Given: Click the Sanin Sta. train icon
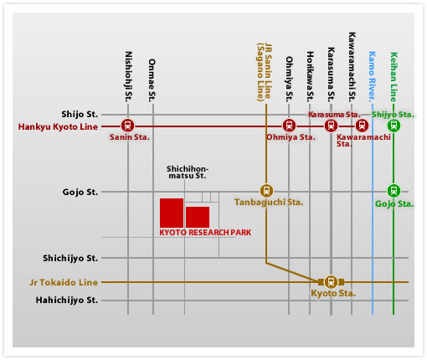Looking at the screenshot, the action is (127, 126).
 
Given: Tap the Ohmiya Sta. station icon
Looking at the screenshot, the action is (289, 126).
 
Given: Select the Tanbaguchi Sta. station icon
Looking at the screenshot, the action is (266, 191).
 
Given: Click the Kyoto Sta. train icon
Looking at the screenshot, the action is (331, 282).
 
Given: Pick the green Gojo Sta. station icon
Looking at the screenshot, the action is (394, 191).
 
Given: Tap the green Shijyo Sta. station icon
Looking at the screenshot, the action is (394, 126).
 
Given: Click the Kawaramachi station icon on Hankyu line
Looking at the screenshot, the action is (362, 126).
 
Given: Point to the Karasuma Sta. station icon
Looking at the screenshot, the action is (331, 126).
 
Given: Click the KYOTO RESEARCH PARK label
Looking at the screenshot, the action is (205, 233).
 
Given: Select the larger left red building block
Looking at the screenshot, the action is (172, 213).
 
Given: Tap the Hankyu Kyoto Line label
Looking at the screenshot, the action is (58, 126).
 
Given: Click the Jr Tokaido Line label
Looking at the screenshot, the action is (64, 282).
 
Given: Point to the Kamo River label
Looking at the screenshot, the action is (372, 76).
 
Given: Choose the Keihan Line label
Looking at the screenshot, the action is (394, 77).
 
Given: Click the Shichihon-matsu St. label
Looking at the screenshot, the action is (188, 172).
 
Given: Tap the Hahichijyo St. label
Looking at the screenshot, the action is (67, 301).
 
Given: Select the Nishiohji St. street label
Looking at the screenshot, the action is (128, 76).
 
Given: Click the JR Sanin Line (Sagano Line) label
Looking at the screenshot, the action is (264, 72).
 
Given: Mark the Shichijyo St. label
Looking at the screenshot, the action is (70, 258).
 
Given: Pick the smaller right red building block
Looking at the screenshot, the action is (198, 217).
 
